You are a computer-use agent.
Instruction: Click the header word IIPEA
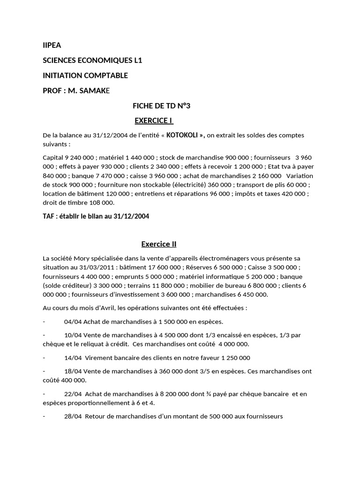click(x=52, y=45)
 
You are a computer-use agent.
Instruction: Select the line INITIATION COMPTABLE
click(x=85, y=75)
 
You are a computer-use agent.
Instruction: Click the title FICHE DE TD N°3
click(x=161, y=106)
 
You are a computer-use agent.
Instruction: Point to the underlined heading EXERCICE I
click(x=154, y=121)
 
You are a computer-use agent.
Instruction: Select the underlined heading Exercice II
click(x=158, y=244)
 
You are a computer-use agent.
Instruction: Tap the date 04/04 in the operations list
click(x=73, y=322)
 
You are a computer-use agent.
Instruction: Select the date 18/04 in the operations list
click(x=73, y=371)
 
